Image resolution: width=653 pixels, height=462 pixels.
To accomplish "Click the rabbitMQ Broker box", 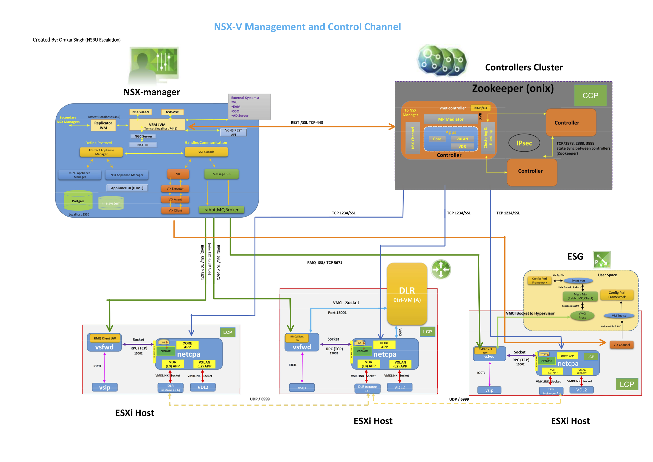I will (221, 210).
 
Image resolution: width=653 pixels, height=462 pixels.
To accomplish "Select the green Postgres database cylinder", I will (78, 200).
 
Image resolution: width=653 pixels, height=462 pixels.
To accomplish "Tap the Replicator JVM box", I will (103, 125).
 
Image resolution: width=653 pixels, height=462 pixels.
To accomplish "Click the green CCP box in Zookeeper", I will (590, 96).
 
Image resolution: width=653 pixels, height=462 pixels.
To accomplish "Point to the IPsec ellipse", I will (524, 143).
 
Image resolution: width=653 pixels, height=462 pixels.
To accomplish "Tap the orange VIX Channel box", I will (621, 345).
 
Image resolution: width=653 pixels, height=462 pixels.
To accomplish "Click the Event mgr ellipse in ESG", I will (578, 281).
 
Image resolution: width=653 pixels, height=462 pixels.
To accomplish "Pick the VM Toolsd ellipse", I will (619, 316).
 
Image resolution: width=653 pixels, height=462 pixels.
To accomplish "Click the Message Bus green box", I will (221, 174).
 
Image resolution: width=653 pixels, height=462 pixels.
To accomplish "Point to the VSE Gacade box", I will (206, 152).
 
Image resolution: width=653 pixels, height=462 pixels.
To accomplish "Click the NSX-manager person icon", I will (154, 65).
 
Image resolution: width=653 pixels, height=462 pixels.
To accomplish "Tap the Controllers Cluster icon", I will (442, 61).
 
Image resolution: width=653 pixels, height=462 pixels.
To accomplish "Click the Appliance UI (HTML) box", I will (127, 188).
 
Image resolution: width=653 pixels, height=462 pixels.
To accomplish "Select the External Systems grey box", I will (249, 107).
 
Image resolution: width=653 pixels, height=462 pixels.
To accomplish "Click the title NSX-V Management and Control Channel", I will (307, 27).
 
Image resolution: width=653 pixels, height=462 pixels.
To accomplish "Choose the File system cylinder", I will (111, 203).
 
